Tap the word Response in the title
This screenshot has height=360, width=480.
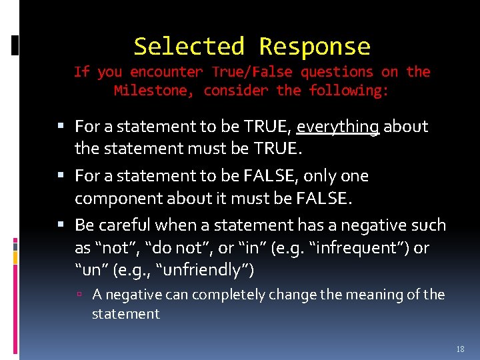point(314,47)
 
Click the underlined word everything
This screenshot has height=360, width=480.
point(338,127)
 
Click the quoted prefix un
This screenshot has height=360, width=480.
point(89,270)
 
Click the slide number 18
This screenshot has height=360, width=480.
point(460,349)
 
